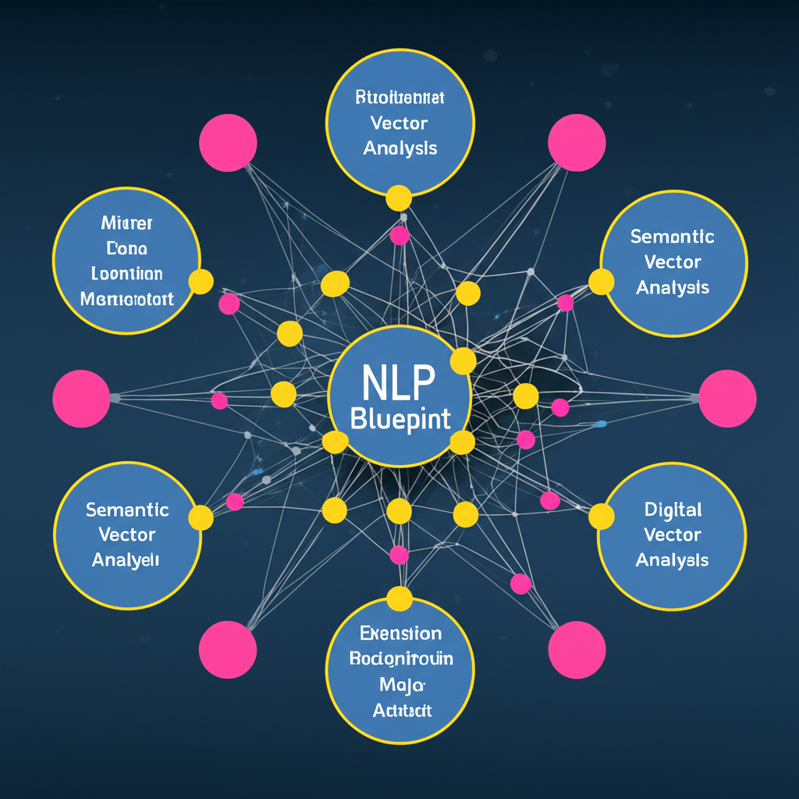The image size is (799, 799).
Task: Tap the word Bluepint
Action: (400, 419)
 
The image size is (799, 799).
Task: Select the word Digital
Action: (673, 510)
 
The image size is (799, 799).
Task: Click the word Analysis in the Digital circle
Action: (672, 560)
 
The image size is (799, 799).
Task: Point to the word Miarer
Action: (127, 223)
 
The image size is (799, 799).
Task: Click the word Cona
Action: (127, 249)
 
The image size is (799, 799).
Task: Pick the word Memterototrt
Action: (127, 299)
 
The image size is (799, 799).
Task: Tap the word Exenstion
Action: (400, 634)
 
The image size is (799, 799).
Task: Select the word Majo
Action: (400, 684)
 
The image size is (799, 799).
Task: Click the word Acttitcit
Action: (400, 710)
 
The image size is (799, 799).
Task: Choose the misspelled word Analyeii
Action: (126, 560)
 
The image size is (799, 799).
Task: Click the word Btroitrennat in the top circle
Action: (400, 98)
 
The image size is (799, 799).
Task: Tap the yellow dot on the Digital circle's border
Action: (601, 516)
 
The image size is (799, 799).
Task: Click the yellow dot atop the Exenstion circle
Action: (399, 599)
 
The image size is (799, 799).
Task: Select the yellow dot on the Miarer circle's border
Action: (201, 282)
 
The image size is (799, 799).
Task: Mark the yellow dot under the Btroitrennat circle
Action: (399, 198)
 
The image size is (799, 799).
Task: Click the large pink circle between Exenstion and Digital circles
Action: (577, 650)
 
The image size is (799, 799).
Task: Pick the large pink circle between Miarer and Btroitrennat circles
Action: (228, 143)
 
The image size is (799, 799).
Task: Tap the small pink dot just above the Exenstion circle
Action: (399, 555)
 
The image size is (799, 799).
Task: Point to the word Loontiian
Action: (127, 274)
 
